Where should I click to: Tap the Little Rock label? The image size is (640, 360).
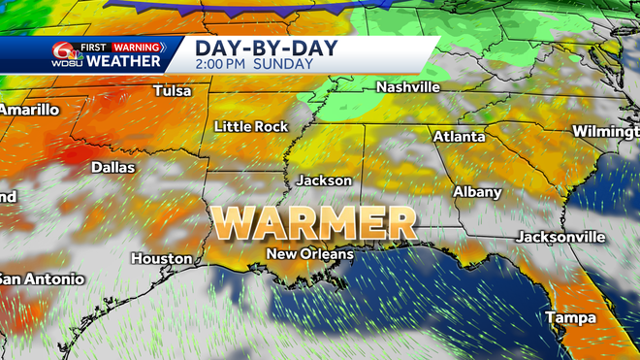252,126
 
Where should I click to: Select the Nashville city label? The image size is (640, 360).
408,87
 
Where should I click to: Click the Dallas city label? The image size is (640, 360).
112,167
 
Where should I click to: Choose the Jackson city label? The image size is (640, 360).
324,180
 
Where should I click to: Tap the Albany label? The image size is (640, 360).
477,192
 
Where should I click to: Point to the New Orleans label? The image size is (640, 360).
310,253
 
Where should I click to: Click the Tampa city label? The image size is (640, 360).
569,317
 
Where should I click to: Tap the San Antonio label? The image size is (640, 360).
41,278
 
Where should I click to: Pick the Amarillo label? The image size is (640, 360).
29,110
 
